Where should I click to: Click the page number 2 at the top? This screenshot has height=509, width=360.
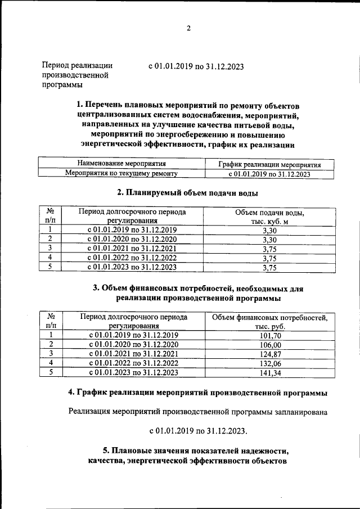click(189, 29)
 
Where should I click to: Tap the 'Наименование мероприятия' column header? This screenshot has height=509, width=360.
click(117, 164)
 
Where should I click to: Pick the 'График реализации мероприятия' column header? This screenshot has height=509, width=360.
click(269, 165)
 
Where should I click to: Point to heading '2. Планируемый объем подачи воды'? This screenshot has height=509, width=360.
click(187, 193)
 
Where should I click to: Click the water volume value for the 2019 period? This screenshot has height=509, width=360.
click(269, 229)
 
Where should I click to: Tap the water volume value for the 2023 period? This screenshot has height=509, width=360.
click(269, 268)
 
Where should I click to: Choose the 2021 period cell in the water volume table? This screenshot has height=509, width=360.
click(132, 249)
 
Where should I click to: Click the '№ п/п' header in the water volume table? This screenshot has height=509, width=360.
click(50, 217)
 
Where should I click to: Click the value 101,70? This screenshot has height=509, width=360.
click(269, 335)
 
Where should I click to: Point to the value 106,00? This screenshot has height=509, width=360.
click(269, 344)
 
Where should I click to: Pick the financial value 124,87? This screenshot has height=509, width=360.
click(269, 354)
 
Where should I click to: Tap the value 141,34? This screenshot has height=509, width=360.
click(269, 372)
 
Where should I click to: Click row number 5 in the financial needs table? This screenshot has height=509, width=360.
click(51, 372)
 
